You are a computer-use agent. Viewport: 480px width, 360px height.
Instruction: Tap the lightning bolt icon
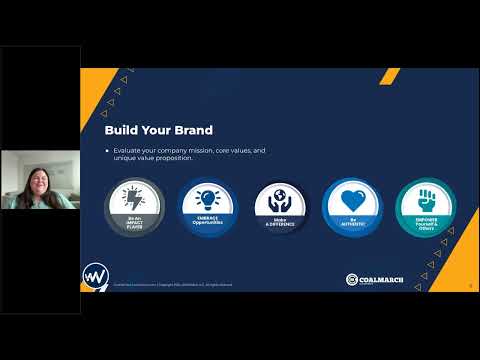(x=135, y=196)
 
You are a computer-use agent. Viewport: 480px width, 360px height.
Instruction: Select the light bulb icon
(x=207, y=197)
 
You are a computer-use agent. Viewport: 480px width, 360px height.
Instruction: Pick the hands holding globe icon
(x=280, y=197)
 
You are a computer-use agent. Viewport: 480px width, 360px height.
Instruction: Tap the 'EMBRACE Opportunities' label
(x=207, y=220)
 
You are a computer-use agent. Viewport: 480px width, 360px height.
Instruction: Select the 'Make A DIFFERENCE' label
(x=280, y=220)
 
